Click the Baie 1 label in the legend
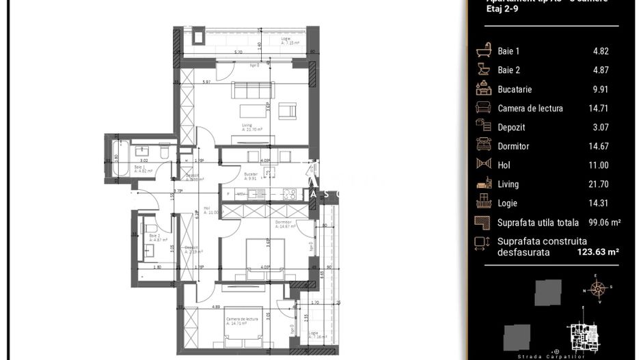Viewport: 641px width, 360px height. pyautogui.click(x=508, y=51)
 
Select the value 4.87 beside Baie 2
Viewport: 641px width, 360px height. pyautogui.click(x=601, y=70)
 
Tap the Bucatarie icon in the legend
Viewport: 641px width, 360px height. pyautogui.click(x=483, y=89)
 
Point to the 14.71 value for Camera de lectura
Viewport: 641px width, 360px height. pyautogui.click(x=599, y=108)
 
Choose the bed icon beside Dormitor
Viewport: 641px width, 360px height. pyautogui.click(x=483, y=146)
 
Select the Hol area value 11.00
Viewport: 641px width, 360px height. pyautogui.click(x=599, y=165)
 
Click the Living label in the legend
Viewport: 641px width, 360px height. pyautogui.click(x=508, y=184)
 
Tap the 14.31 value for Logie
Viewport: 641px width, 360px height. pyautogui.click(x=599, y=203)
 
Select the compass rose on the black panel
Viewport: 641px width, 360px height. pyautogui.click(x=598, y=290)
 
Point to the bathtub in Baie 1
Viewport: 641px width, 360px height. pyautogui.click(x=115, y=158)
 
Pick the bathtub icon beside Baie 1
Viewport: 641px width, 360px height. pyautogui.click(x=483, y=51)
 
